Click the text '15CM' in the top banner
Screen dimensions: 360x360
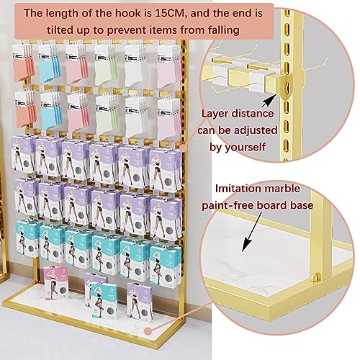point(170,13)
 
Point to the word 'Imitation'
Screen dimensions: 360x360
point(235,189)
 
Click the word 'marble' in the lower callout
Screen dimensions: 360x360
point(279,189)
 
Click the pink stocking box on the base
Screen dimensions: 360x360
point(56,282)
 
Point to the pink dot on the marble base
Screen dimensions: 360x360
point(148,331)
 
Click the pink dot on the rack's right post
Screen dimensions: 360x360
point(184,147)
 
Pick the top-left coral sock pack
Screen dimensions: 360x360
point(23,63)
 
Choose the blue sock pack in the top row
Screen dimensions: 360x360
point(49,63)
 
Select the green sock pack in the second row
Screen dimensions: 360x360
point(107,114)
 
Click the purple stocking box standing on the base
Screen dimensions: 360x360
point(139,302)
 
